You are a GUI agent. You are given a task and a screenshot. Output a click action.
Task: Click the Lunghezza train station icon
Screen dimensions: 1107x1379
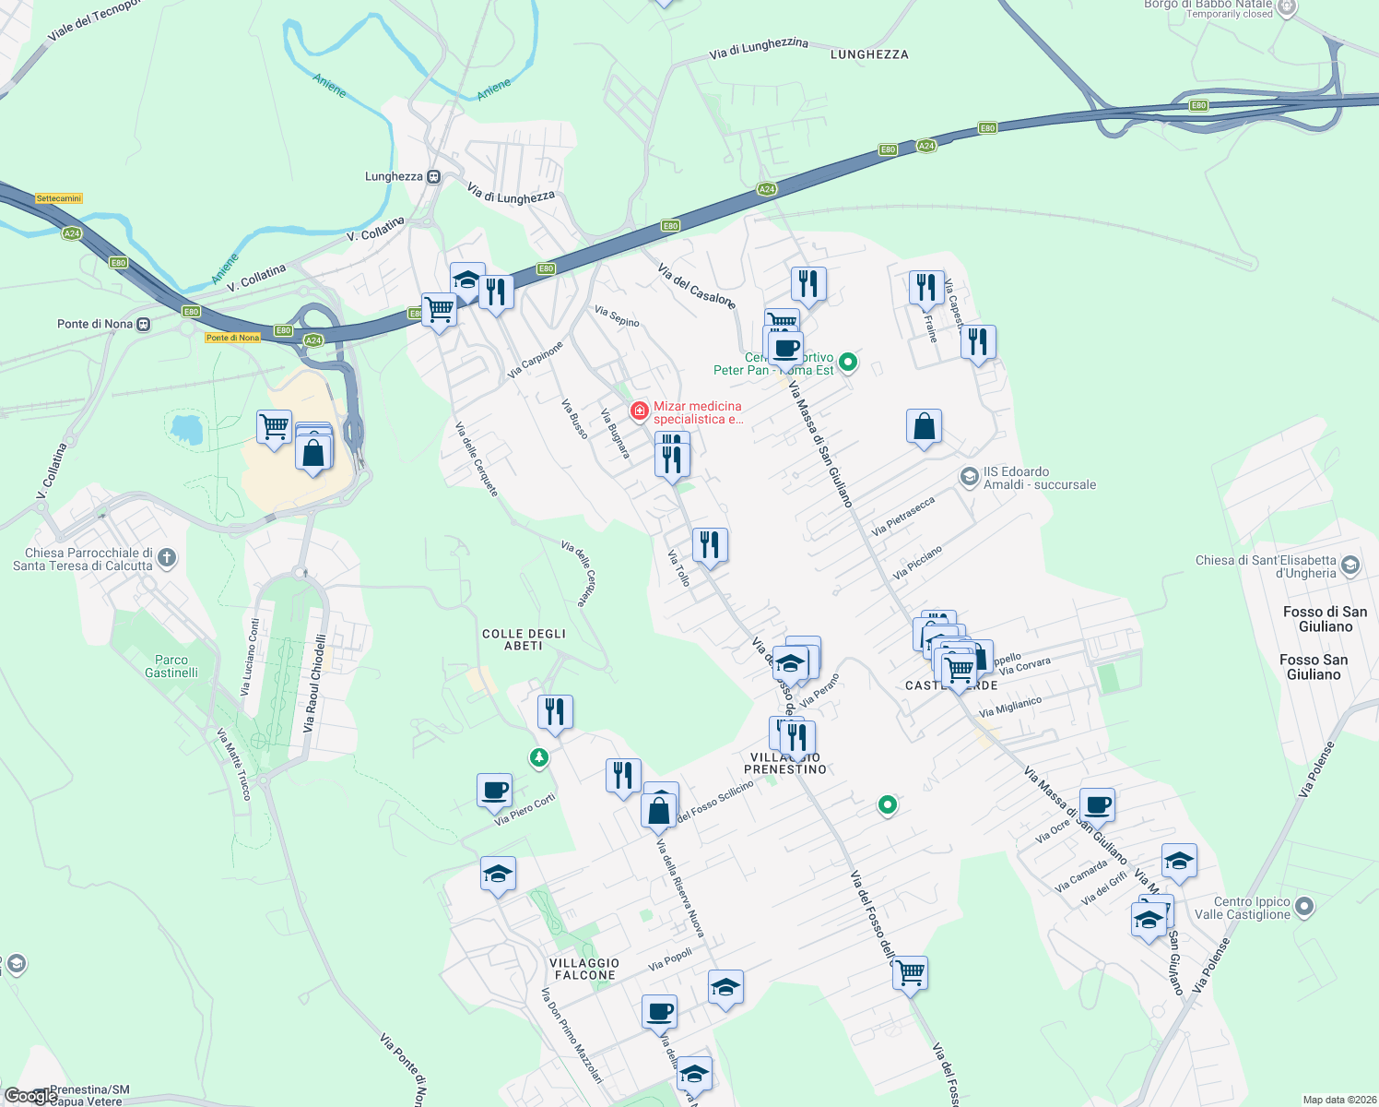coord(433,176)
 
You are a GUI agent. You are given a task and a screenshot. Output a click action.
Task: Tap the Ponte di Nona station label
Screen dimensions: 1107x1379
coord(95,324)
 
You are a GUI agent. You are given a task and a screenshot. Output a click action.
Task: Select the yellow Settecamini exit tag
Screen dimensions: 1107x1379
coord(59,198)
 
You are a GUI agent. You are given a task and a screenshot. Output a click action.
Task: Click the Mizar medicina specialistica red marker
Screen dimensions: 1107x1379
coord(639,411)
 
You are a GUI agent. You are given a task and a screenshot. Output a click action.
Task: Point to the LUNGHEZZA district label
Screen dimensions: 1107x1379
coord(869,54)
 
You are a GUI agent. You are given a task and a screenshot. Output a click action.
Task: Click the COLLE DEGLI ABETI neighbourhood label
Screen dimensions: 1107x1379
coord(524,639)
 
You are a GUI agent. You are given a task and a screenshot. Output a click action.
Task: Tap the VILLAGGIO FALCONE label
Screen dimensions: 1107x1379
coord(584,969)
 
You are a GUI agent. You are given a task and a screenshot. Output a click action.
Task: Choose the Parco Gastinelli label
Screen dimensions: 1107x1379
coord(171,666)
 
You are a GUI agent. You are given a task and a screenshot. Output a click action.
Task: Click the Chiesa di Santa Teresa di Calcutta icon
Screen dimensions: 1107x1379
coord(167,557)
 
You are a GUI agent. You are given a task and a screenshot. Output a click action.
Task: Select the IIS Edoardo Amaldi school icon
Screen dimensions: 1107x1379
coord(969,476)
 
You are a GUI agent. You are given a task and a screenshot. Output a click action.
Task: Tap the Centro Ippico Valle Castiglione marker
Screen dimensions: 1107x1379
coord(1303,907)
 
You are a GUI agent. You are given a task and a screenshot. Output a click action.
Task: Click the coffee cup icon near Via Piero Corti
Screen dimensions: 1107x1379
coord(495,791)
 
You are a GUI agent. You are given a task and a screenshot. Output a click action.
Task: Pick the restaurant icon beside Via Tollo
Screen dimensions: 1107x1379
coord(710,545)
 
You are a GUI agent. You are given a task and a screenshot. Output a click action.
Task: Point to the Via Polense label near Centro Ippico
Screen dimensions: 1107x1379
coord(1211,965)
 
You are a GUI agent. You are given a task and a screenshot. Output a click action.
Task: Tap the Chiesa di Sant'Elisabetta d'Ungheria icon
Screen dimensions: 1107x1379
coord(1350,565)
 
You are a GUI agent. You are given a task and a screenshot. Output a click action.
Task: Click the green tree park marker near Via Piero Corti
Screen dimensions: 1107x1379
coord(539,758)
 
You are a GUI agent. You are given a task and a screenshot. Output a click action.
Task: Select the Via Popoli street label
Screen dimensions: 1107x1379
coord(670,960)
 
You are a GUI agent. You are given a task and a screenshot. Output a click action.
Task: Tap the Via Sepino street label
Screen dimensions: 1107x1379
coord(617,316)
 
